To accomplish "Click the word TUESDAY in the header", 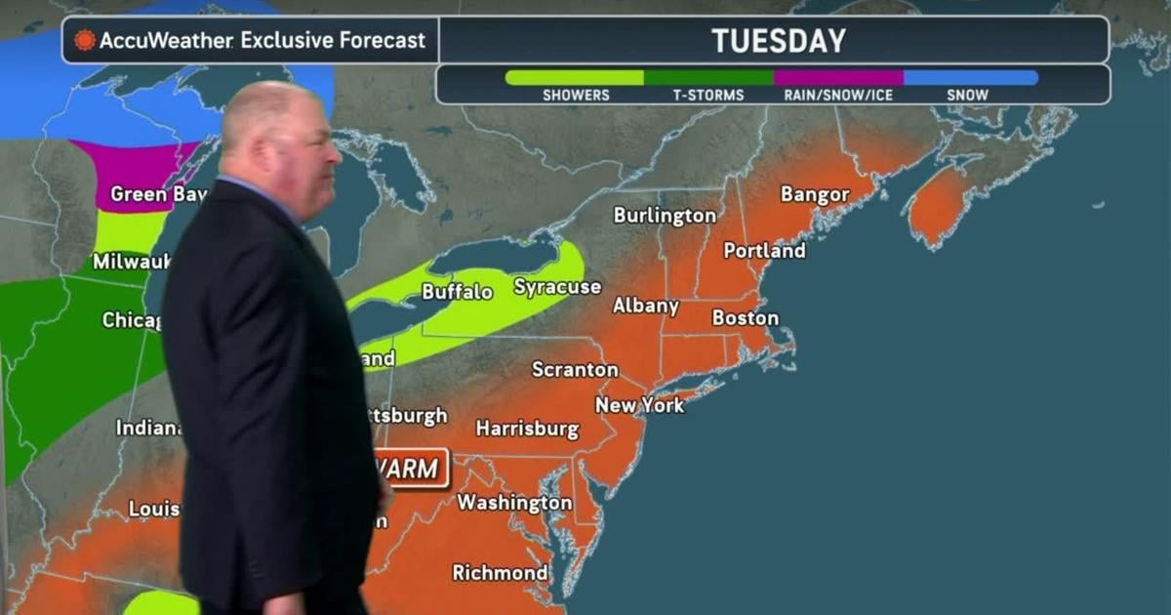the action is (778, 41).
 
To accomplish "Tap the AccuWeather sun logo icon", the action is (85, 41).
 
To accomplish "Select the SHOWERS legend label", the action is (576, 95).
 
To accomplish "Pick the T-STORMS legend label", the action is (707, 95).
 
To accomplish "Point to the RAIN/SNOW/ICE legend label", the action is (837, 95).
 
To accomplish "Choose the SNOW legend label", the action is (967, 95).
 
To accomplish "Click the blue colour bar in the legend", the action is (970, 77).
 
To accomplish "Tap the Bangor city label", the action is (815, 195).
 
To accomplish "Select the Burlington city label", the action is (665, 216).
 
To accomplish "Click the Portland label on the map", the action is (764, 251).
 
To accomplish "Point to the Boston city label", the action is (746, 318).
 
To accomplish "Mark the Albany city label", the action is (645, 307).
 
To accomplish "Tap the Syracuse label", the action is (557, 287).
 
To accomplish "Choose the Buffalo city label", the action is (457, 292).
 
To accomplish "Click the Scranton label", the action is (575, 370).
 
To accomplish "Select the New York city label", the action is (640, 404).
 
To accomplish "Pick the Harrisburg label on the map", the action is (527, 429).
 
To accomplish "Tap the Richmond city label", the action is (500, 572).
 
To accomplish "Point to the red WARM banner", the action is (413, 469).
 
